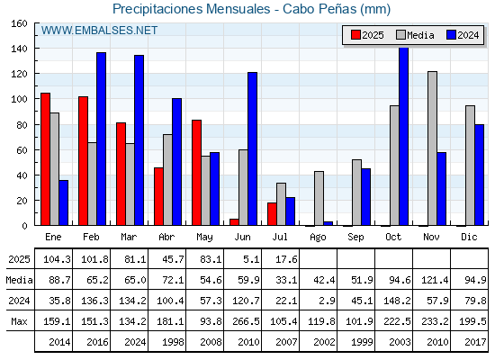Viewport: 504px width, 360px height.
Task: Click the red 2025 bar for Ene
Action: tap(45, 159)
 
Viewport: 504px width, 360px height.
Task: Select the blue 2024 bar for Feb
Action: tap(101, 139)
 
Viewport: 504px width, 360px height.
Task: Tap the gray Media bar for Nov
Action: tap(432, 148)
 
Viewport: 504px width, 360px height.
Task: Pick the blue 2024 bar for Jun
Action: tap(252, 148)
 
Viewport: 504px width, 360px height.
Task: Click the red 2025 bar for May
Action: tap(196, 173)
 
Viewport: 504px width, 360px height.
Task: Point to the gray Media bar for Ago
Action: tap(319, 198)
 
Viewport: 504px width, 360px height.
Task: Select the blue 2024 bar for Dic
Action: tap(479, 175)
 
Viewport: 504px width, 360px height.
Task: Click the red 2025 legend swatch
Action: tap(355, 35)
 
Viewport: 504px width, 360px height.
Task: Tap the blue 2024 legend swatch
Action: tap(451, 35)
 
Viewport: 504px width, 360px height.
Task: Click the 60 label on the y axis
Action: tap(22, 150)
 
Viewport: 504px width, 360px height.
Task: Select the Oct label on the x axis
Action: tap(393, 237)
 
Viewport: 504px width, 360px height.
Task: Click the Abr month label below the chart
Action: tap(166, 237)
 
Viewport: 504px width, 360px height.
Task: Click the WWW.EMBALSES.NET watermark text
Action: tap(99, 31)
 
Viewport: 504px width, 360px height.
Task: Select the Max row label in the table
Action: tap(19, 321)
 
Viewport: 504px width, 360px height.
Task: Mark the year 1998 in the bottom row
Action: tap(173, 342)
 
